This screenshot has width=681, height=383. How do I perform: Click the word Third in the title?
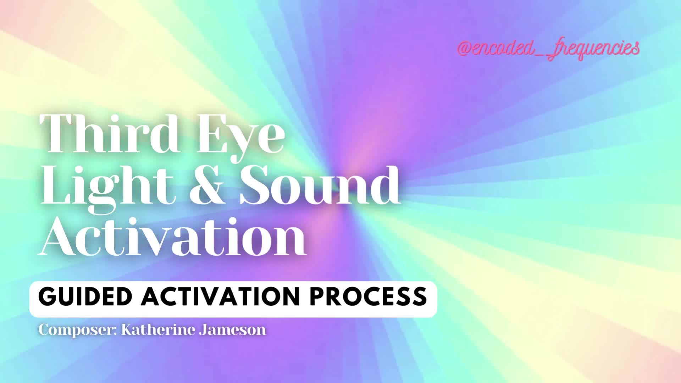click(x=110, y=134)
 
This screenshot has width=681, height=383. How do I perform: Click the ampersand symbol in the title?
click(x=207, y=186)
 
